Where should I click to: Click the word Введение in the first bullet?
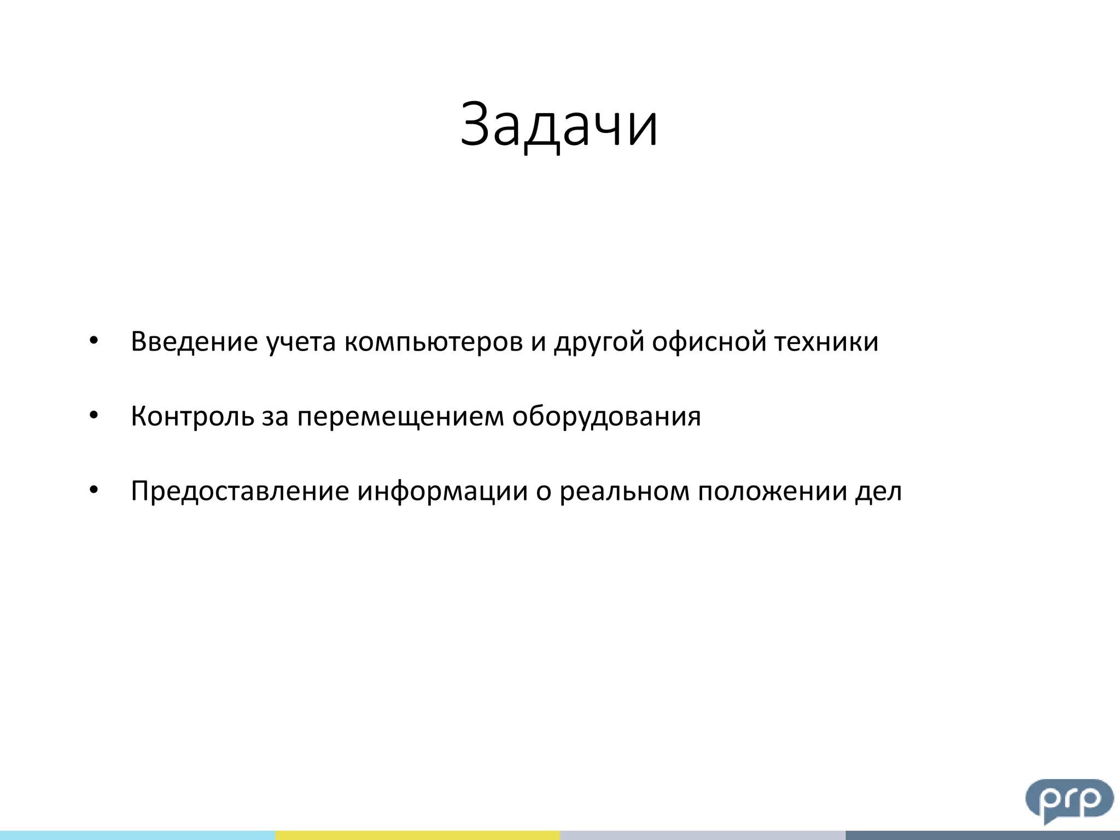pos(194,342)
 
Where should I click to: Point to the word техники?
pos(826,342)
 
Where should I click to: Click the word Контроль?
pos(192,417)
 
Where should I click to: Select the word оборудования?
pos(606,417)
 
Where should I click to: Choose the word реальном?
pos(623,491)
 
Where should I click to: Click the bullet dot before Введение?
pos(94,341)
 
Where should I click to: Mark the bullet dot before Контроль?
pos(94,416)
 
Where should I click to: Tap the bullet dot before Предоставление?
pos(94,490)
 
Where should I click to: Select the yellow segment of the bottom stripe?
pos(417,835)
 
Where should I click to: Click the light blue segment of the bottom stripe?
pos(137,835)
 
